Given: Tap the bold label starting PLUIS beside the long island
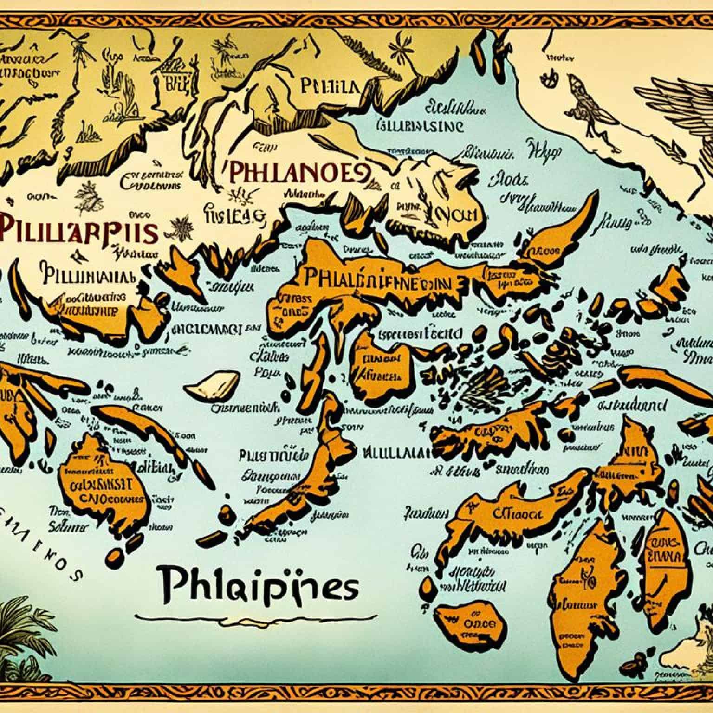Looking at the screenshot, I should pos(274,455).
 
